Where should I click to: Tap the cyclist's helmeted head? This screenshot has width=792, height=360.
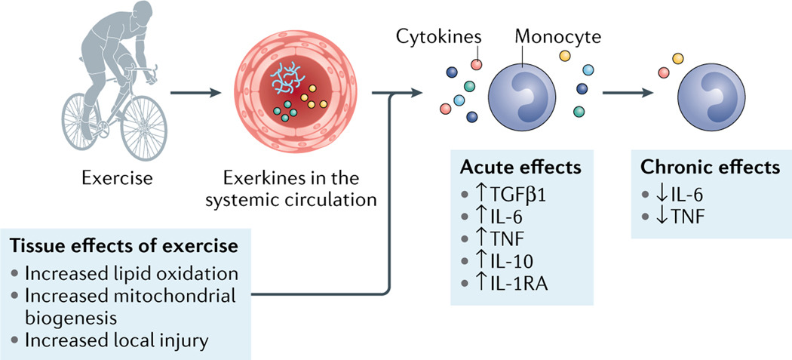115,17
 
